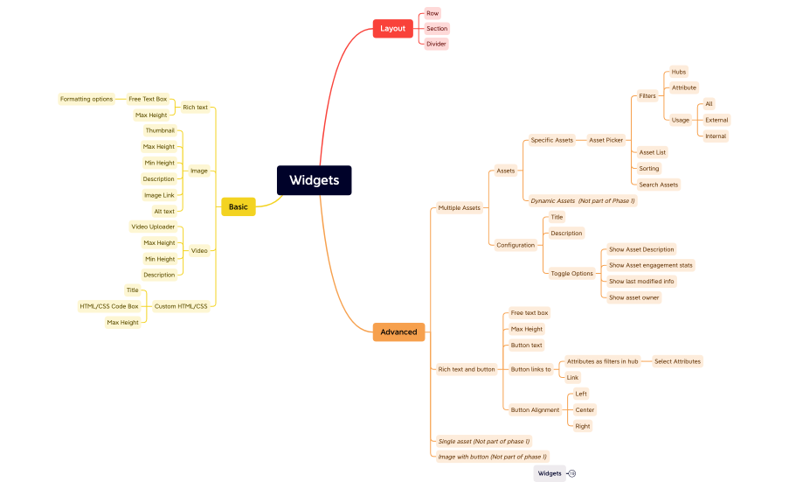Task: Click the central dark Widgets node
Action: [x=314, y=180]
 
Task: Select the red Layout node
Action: [x=392, y=28]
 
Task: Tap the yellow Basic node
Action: [x=238, y=206]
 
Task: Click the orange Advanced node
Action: [x=398, y=332]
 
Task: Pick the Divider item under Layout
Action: [x=436, y=44]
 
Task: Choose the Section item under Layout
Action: [x=437, y=29]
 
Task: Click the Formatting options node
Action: [x=87, y=99]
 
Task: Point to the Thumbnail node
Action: [x=160, y=130]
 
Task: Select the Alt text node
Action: [x=164, y=211]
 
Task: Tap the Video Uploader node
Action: [x=153, y=227]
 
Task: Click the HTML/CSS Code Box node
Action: [x=109, y=306]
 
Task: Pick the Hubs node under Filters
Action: [x=679, y=72]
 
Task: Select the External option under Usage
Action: [x=716, y=120]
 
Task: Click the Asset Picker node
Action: [x=606, y=140]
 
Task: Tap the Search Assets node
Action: [x=658, y=185]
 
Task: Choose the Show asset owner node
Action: [x=634, y=297]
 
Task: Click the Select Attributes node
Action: [x=677, y=361]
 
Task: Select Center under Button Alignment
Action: [x=585, y=409]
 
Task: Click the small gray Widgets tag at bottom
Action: [x=550, y=473]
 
